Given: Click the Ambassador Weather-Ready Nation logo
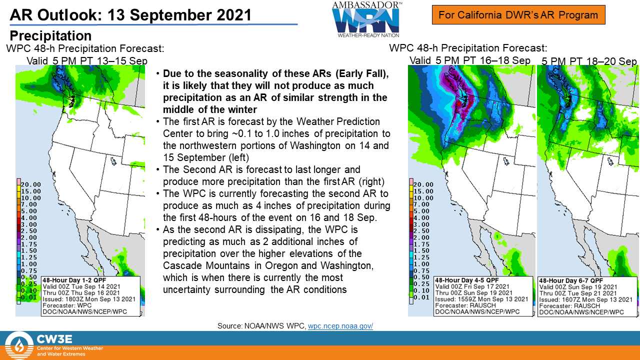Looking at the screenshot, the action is [x=367, y=19].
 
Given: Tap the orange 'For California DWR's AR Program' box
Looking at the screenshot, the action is [x=518, y=15].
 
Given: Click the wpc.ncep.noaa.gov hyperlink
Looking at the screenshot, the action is [x=340, y=326].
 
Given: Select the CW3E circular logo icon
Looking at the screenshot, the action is [x=19, y=345].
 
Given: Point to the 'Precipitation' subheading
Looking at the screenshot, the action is [x=50, y=35].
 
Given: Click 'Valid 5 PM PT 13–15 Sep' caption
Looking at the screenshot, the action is [x=87, y=61].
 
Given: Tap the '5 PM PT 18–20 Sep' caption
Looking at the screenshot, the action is [x=589, y=61].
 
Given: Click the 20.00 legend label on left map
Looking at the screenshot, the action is [x=31, y=184].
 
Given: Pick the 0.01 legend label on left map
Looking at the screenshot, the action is [x=29, y=297].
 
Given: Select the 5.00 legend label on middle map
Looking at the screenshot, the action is [x=421, y=211].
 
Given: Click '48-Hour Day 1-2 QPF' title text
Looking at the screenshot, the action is [x=74, y=280].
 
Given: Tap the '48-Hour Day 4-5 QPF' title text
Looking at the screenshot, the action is [x=467, y=280].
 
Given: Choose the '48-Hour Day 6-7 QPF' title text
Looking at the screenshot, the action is [x=571, y=280].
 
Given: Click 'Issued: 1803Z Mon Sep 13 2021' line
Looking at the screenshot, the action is [x=89, y=299].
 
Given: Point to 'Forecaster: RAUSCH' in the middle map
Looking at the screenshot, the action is [x=465, y=305].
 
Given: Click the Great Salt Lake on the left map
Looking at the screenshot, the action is [x=113, y=161].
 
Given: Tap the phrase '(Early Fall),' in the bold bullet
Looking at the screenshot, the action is [x=362, y=73].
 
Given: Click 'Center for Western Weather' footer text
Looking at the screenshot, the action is [x=70, y=348].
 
